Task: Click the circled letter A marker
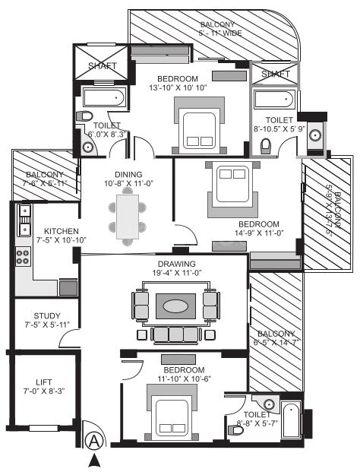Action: [93, 440]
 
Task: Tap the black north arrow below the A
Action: [93, 459]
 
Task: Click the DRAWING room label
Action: [164, 265]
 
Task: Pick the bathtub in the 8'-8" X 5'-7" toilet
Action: [291, 418]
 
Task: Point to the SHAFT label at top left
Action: [101, 66]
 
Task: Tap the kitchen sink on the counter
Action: [24, 217]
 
